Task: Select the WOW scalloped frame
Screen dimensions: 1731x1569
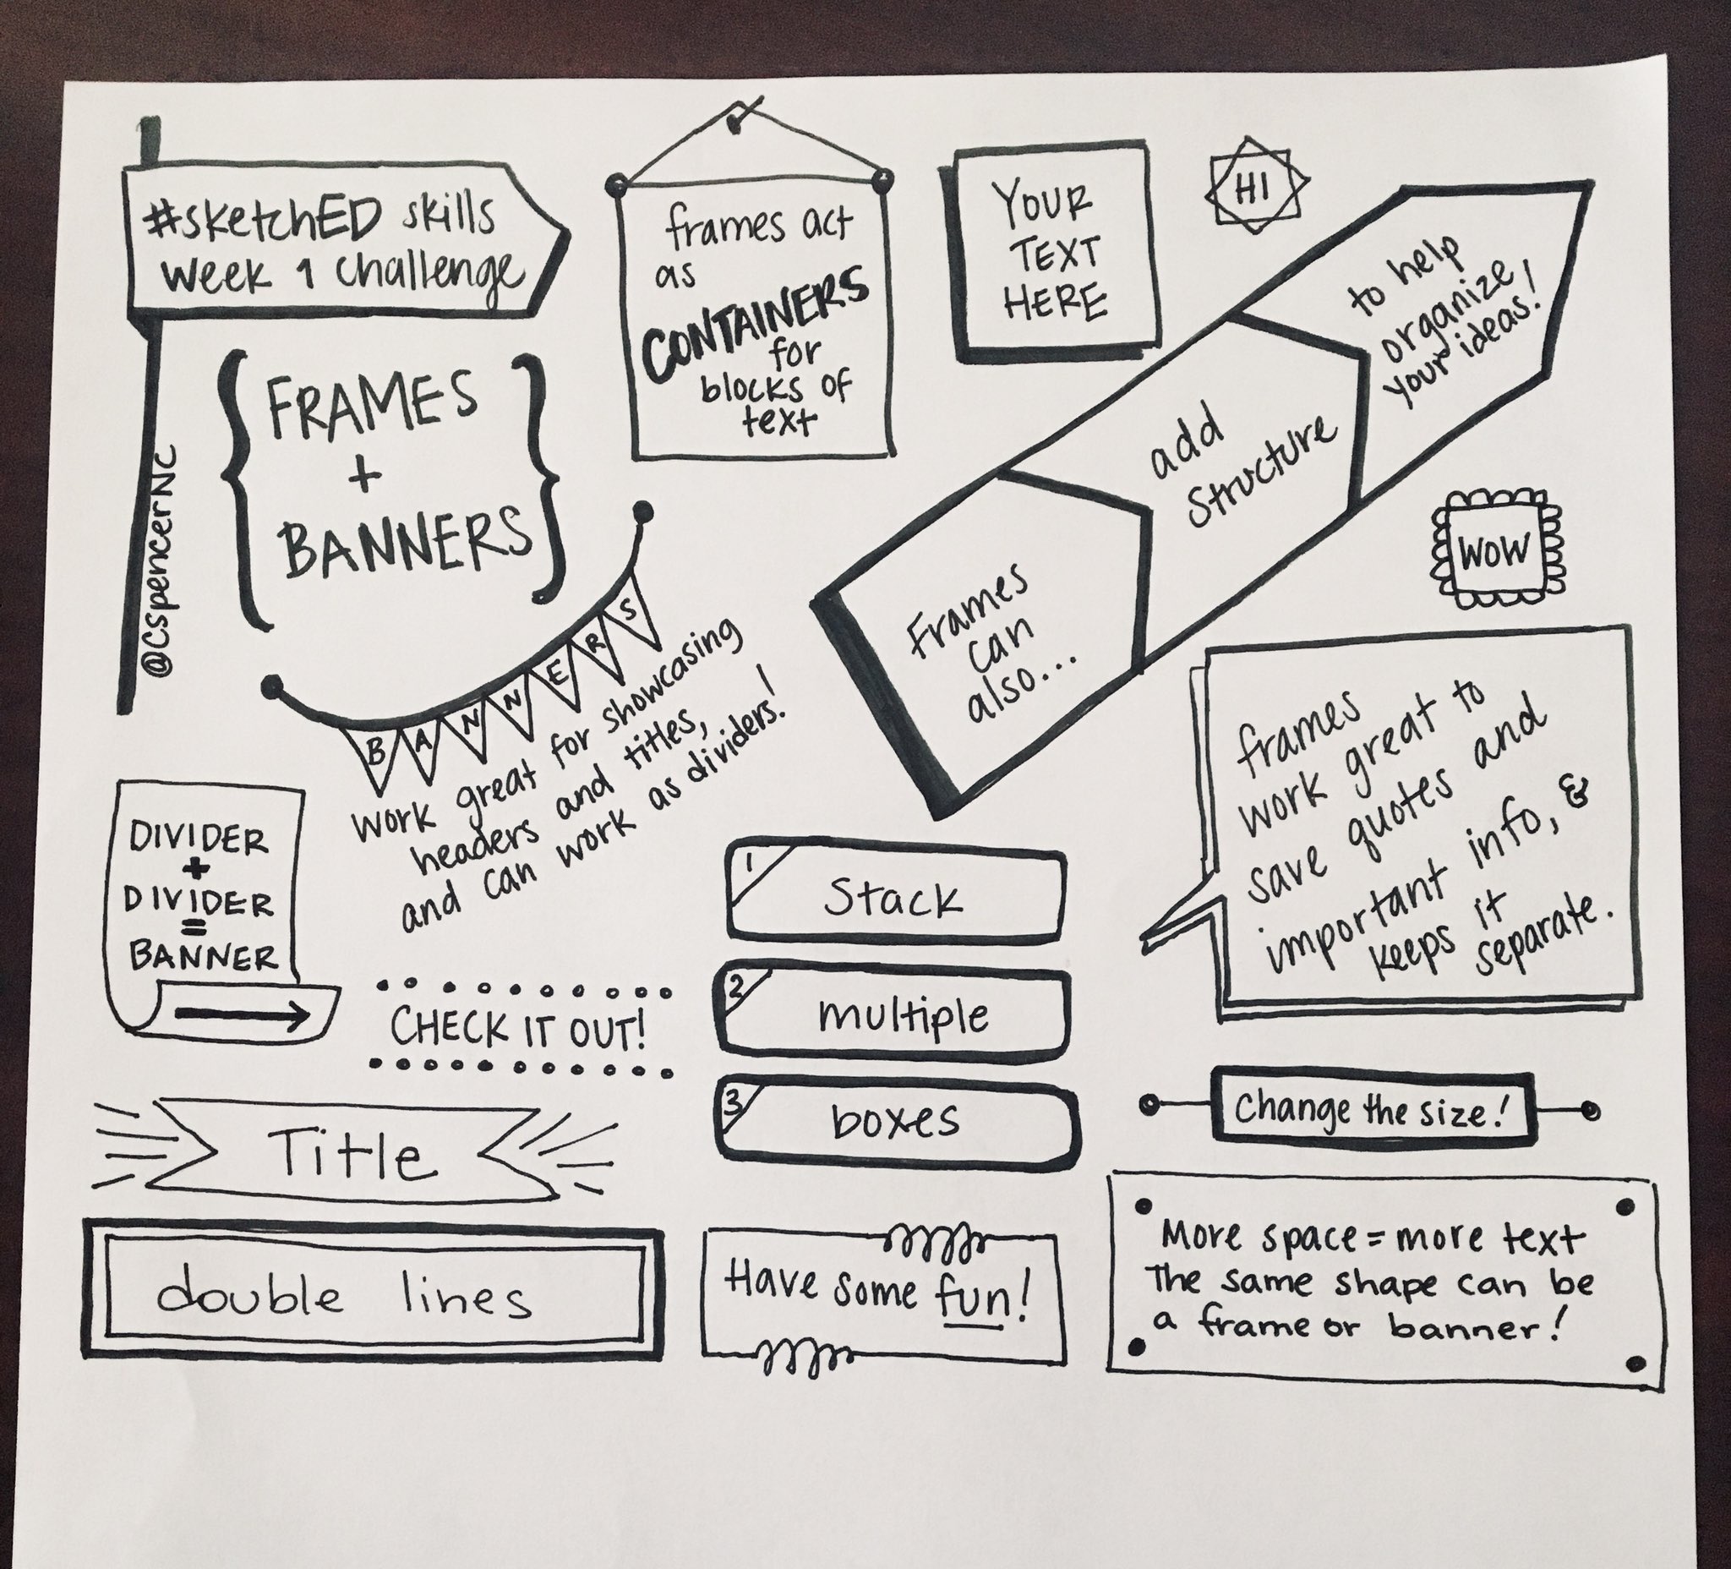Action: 1494,550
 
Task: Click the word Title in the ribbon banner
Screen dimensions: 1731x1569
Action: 353,1154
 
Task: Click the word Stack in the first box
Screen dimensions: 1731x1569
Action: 893,899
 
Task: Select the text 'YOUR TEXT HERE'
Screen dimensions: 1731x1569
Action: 1051,254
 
